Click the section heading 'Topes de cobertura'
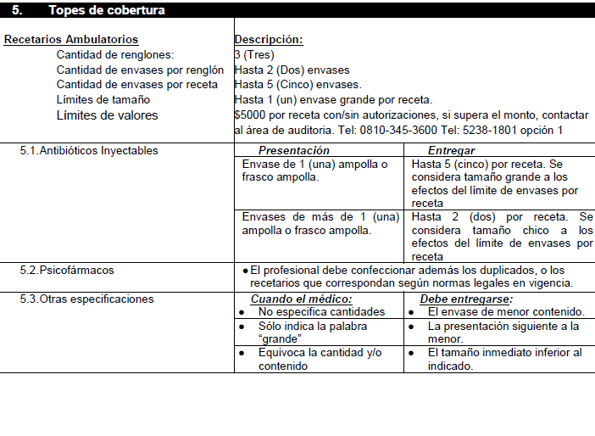[x=107, y=10]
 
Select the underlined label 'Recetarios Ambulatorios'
[x=71, y=40]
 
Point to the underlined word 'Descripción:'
[x=269, y=40]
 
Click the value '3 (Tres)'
[x=254, y=55]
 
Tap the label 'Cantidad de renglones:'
[x=114, y=55]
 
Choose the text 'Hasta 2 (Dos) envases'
[x=292, y=70]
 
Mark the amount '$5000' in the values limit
[x=250, y=115]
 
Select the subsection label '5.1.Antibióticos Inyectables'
[x=89, y=151]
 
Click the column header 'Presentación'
[x=294, y=150]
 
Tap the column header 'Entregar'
[x=451, y=150]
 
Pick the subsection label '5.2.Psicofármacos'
[x=67, y=270]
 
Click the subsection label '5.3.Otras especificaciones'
[x=87, y=299]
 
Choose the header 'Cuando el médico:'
[x=301, y=299]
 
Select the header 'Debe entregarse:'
[x=466, y=299]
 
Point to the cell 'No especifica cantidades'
[x=321, y=311]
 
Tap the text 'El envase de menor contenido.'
[x=506, y=311]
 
